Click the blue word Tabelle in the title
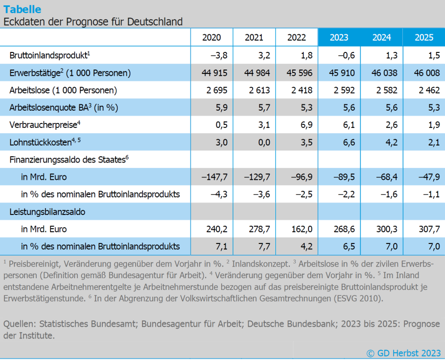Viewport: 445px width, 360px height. click(x=23, y=9)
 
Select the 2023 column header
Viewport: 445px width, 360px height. click(x=339, y=38)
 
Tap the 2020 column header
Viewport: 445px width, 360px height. click(x=211, y=38)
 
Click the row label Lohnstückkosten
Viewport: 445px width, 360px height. click(x=43, y=143)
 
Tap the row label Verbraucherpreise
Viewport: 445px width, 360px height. click(x=44, y=125)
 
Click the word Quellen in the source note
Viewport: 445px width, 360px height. click(x=18, y=324)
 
